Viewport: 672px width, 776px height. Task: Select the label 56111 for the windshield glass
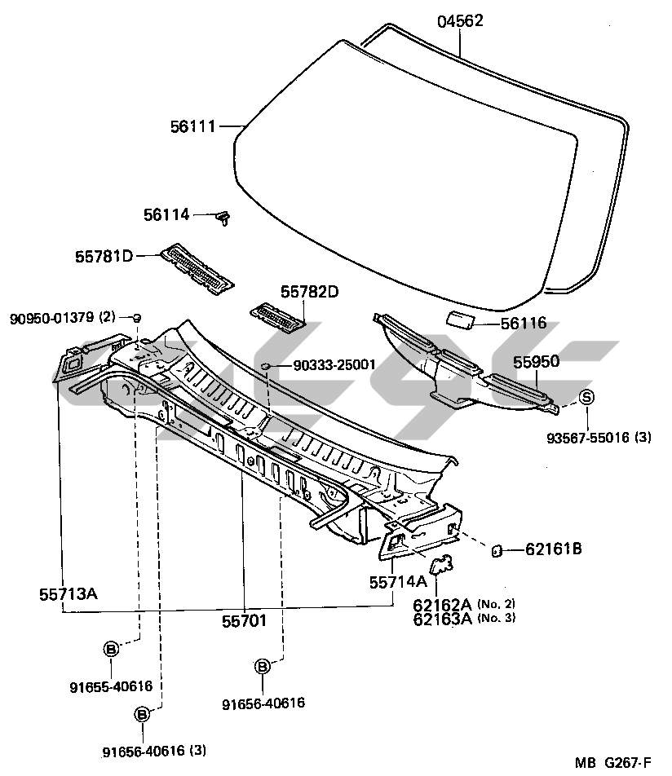pyautogui.click(x=192, y=126)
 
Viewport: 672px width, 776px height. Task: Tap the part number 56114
pyautogui.click(x=166, y=214)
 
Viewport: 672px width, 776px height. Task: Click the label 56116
pyautogui.click(x=524, y=324)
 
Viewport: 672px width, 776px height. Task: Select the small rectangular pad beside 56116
pyautogui.click(x=462, y=319)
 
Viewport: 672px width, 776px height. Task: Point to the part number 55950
pyautogui.click(x=536, y=361)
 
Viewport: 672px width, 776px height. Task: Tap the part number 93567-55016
pyautogui.click(x=599, y=438)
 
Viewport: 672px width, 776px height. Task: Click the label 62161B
pyautogui.click(x=553, y=549)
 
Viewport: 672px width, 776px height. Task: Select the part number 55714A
pyautogui.click(x=397, y=582)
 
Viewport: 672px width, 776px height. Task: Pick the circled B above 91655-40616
pyautogui.click(x=111, y=649)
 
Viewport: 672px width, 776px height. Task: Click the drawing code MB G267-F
pyautogui.click(x=612, y=763)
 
